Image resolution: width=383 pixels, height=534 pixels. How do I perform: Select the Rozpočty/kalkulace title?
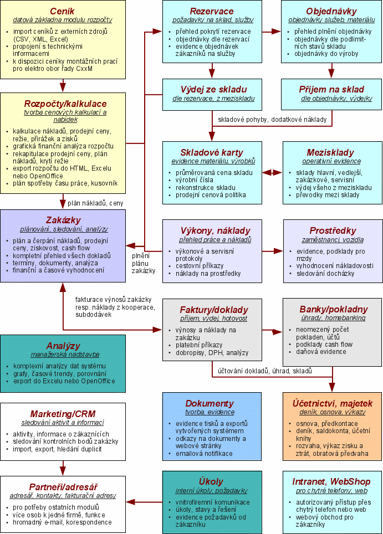[x=65, y=104]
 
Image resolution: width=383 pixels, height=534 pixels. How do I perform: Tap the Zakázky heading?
[x=64, y=219]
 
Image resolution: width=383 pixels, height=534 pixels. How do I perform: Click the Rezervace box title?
[x=211, y=11]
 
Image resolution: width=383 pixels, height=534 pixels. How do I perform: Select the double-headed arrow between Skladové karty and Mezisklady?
[x=272, y=172]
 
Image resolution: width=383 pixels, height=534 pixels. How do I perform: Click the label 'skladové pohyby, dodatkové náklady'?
[x=272, y=120]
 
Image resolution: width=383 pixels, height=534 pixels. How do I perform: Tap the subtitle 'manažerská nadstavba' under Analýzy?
[x=63, y=355]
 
